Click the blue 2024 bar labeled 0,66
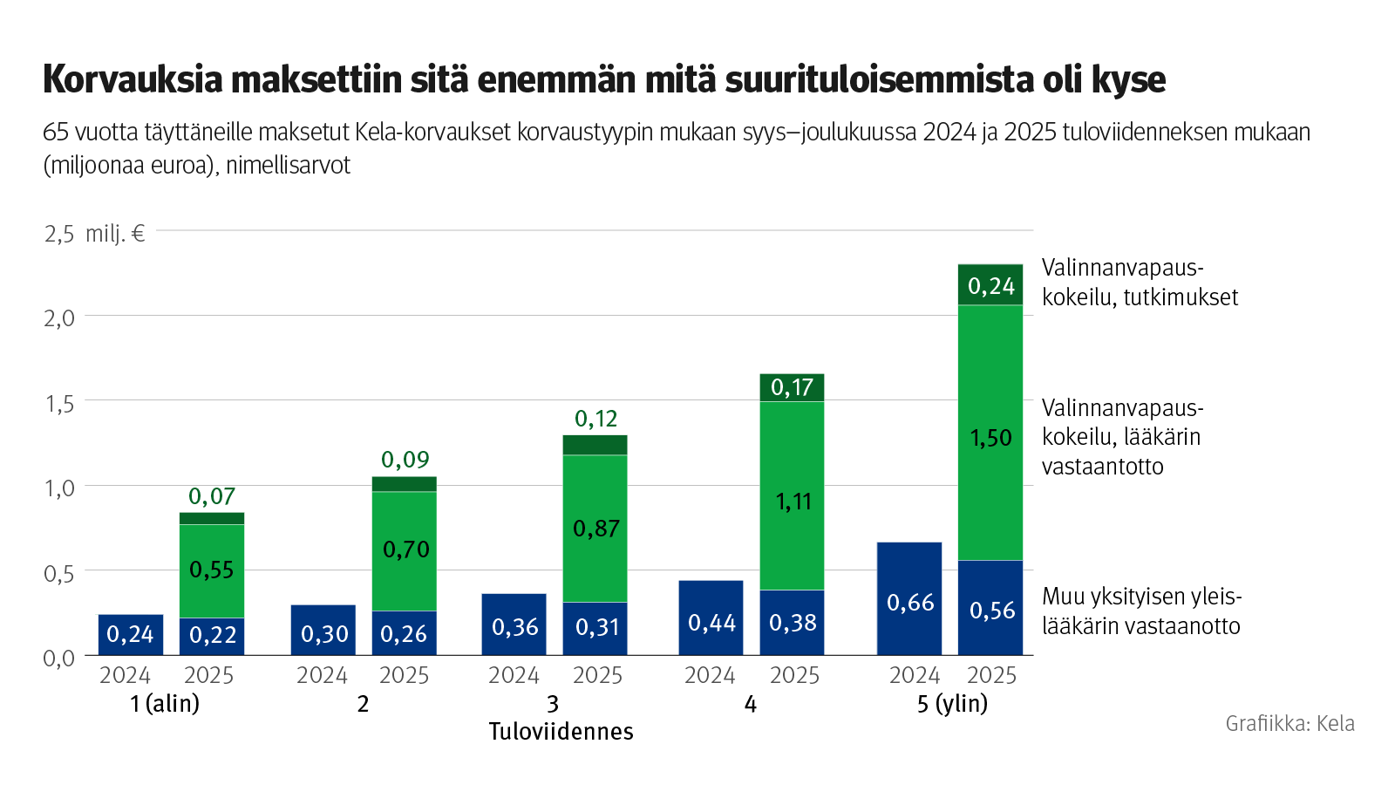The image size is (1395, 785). coord(909,600)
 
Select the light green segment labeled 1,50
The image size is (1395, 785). coord(990,433)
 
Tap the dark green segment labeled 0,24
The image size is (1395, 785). coord(990,285)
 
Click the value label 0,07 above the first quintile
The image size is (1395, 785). coord(212,496)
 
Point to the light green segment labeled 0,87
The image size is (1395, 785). coord(595,529)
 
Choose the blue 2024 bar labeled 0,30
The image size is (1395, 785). coord(323,631)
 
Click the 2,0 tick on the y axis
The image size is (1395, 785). coord(59,317)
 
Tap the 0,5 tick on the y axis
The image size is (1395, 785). coord(59,573)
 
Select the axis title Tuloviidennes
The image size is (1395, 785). coord(561,731)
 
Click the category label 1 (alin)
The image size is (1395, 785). coord(165,703)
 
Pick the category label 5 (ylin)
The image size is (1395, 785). coord(952,703)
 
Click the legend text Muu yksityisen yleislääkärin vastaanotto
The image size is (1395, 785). coord(1141,611)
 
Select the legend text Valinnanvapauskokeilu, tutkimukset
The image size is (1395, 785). coord(1140,283)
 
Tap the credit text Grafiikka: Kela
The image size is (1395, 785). coord(1290,723)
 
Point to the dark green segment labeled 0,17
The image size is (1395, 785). coord(792,387)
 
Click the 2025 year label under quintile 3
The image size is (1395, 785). coord(597,675)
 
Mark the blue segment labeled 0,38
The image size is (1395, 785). coord(792,623)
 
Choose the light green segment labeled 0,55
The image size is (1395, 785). coord(212,570)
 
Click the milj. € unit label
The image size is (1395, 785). coord(115,234)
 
